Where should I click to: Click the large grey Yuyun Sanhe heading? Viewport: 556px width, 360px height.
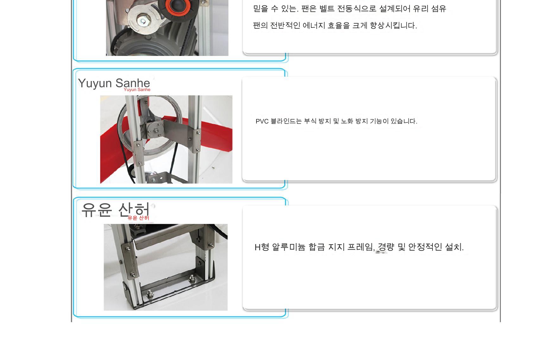pos(114,83)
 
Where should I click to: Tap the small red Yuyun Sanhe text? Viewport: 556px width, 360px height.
pos(137,90)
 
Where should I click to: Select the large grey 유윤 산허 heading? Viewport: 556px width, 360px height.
pos(116,209)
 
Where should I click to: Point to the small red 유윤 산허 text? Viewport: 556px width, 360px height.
pos(138,218)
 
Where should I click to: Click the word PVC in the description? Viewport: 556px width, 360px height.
pos(262,121)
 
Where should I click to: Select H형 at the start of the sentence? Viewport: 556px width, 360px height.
pos(262,247)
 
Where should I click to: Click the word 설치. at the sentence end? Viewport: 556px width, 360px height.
pos(454,247)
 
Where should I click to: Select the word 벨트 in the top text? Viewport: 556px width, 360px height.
pos(327,9)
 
